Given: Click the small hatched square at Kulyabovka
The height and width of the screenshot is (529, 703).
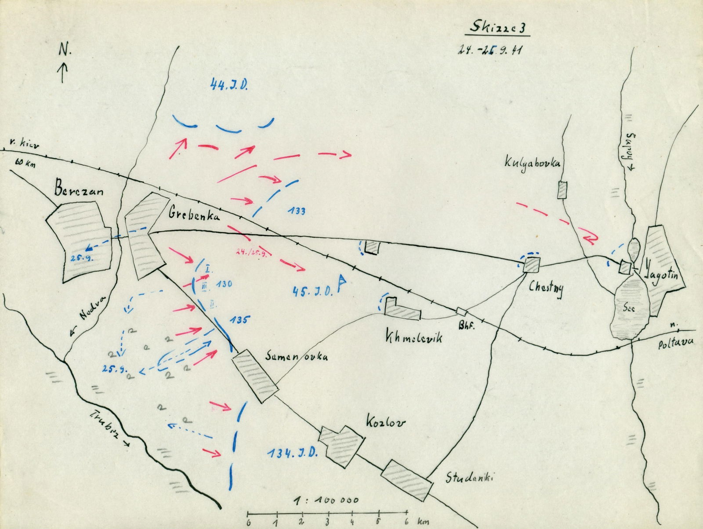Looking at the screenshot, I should tap(562, 190).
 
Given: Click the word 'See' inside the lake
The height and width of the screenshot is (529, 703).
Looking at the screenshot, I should tap(629, 308).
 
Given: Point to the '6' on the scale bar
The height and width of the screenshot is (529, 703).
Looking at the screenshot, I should tap(406, 522).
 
